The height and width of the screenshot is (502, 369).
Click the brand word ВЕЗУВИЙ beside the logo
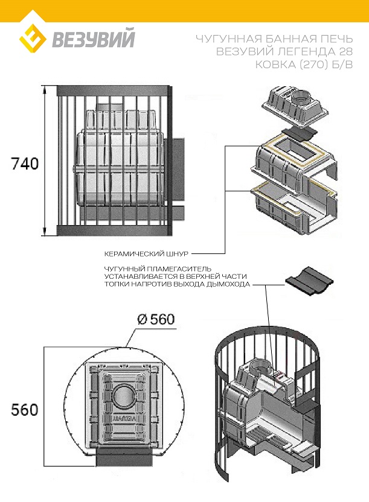pyautogui.click(x=94, y=39)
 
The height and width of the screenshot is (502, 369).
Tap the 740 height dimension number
pyautogui.click(x=25, y=164)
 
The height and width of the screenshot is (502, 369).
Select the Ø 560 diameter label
pyautogui.click(x=156, y=319)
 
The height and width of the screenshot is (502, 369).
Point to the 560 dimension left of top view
pyautogui.click(x=25, y=410)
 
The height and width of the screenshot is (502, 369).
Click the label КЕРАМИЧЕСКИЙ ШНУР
pyautogui.click(x=146, y=254)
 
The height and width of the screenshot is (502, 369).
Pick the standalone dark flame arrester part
pyautogui.click(x=309, y=281)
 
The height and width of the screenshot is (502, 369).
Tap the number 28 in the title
pyautogui.click(x=345, y=51)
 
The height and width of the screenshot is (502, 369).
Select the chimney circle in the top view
pyautogui.click(x=120, y=396)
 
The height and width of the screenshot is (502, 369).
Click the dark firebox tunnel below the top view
pyautogui.click(x=123, y=457)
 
